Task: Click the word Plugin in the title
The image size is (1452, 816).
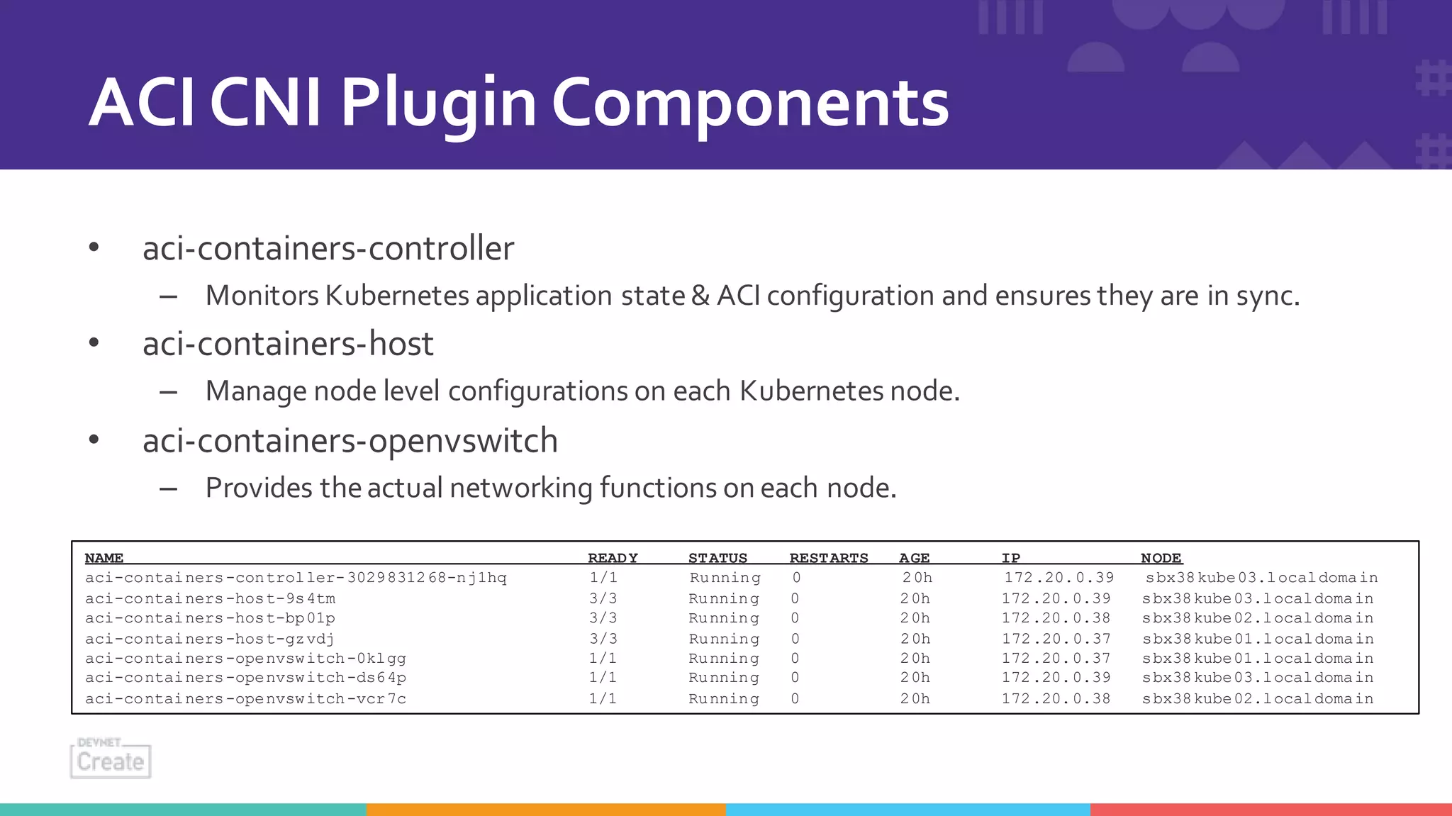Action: tap(437, 104)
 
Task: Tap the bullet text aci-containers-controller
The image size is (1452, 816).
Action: tap(328, 248)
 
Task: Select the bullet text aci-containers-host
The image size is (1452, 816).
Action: tap(288, 344)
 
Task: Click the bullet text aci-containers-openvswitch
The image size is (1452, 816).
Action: tap(350, 441)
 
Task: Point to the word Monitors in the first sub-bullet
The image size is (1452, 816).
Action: tap(262, 296)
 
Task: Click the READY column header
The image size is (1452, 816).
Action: tap(613, 558)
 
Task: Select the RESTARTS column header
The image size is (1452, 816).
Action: tap(829, 558)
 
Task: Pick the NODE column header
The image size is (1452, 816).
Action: tap(1161, 558)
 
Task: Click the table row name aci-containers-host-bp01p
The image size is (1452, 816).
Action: tap(210, 618)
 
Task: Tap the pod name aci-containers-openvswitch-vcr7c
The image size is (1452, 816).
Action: tap(245, 699)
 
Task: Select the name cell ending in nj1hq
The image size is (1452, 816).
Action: tap(296, 578)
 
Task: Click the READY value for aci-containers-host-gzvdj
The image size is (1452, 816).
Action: tap(603, 639)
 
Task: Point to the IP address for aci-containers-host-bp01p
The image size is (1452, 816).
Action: tap(1056, 618)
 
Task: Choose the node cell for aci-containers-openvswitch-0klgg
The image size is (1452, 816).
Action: tap(1258, 659)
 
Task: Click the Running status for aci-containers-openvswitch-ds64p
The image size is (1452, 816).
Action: tap(724, 678)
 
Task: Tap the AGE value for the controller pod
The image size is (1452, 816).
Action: tap(917, 578)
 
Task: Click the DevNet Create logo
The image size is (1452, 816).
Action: tap(111, 759)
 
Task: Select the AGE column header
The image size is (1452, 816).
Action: tap(914, 558)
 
